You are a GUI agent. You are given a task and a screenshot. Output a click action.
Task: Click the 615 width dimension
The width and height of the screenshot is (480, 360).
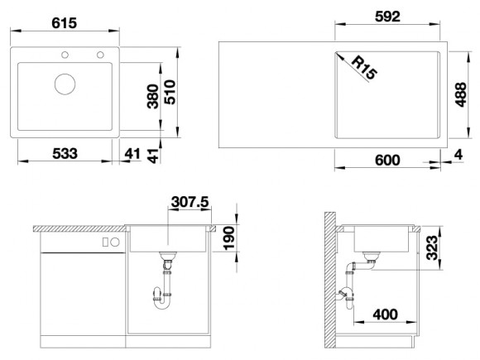tap(65, 23)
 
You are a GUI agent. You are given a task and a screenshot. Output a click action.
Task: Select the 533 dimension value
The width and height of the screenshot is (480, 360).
tap(65, 153)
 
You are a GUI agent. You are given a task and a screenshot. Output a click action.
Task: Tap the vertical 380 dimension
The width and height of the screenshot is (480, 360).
tap(153, 97)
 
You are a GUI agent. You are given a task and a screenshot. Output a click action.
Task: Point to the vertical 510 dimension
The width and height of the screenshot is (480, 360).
tap(170, 92)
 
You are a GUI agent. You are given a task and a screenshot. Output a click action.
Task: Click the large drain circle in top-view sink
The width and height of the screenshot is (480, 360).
tap(65, 84)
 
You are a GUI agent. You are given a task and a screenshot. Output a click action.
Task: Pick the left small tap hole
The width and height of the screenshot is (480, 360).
tap(65, 55)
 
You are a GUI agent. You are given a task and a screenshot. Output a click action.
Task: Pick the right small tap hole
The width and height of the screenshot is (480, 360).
tap(100, 55)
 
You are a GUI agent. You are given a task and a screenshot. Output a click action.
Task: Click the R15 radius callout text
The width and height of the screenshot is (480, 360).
tap(364, 68)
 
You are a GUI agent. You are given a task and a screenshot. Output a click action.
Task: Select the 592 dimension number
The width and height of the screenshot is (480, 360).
tap(387, 17)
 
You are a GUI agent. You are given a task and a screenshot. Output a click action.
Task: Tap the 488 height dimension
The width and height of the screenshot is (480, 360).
tap(461, 94)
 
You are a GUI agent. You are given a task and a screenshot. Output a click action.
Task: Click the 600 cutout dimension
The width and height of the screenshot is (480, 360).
tap(387, 160)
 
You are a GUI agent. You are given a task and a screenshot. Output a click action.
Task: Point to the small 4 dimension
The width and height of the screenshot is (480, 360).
tap(458, 155)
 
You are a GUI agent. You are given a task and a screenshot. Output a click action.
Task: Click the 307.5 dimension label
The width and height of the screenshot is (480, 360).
tap(190, 202)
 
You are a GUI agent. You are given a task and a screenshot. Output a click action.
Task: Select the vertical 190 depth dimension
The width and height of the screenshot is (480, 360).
tap(229, 238)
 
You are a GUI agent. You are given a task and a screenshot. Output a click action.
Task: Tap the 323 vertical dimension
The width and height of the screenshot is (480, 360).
tap(432, 247)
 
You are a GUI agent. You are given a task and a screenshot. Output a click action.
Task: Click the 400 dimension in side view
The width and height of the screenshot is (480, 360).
tap(386, 314)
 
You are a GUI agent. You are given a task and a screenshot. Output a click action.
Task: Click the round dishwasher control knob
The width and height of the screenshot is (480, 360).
tap(115, 242)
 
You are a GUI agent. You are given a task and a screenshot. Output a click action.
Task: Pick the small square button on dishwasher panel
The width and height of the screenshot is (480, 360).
tap(105, 242)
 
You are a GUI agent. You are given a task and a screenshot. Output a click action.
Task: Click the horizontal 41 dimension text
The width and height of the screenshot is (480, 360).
tap(132, 153)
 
